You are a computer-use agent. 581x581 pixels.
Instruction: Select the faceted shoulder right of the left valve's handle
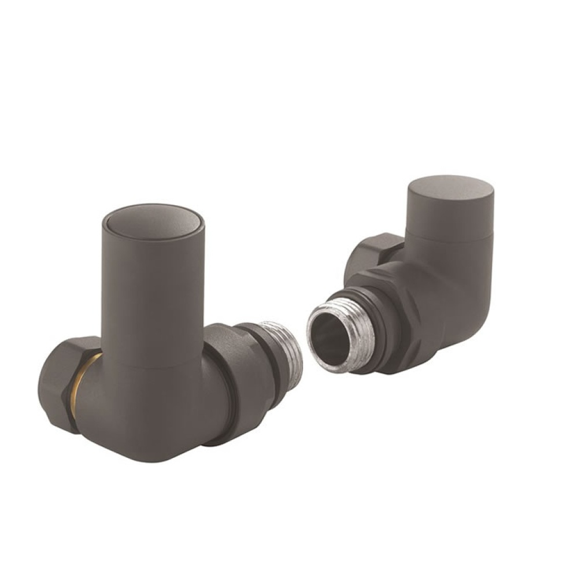pyautogui.click(x=223, y=347)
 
